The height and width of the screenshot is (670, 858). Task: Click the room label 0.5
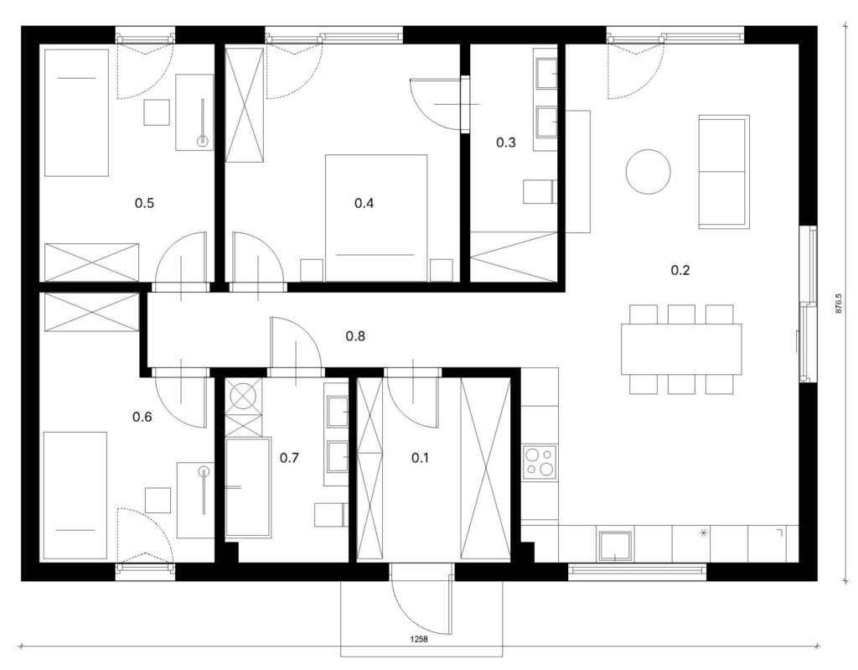[x=144, y=203]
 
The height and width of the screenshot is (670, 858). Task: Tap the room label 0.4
[x=364, y=203]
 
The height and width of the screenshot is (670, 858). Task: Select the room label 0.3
[x=505, y=143]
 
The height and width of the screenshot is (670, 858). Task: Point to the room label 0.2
[x=680, y=270]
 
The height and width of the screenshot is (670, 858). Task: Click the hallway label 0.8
[x=355, y=335]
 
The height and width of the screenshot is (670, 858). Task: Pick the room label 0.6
[x=142, y=418]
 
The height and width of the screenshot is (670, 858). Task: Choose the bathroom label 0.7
[x=289, y=458]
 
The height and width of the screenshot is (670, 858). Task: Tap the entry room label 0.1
[x=421, y=458]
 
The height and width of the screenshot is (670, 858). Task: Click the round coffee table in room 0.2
[x=649, y=171]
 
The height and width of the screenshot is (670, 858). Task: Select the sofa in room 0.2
[x=724, y=171]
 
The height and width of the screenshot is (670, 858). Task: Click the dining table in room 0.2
[x=681, y=349]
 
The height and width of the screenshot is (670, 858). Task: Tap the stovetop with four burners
[x=540, y=460]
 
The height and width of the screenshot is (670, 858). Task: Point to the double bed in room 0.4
[x=376, y=218]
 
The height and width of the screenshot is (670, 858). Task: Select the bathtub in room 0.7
[x=248, y=487]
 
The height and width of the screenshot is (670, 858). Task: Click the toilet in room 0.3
[x=540, y=192]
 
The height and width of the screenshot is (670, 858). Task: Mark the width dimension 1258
[x=419, y=639]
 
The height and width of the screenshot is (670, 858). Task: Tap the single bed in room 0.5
[x=76, y=113]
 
